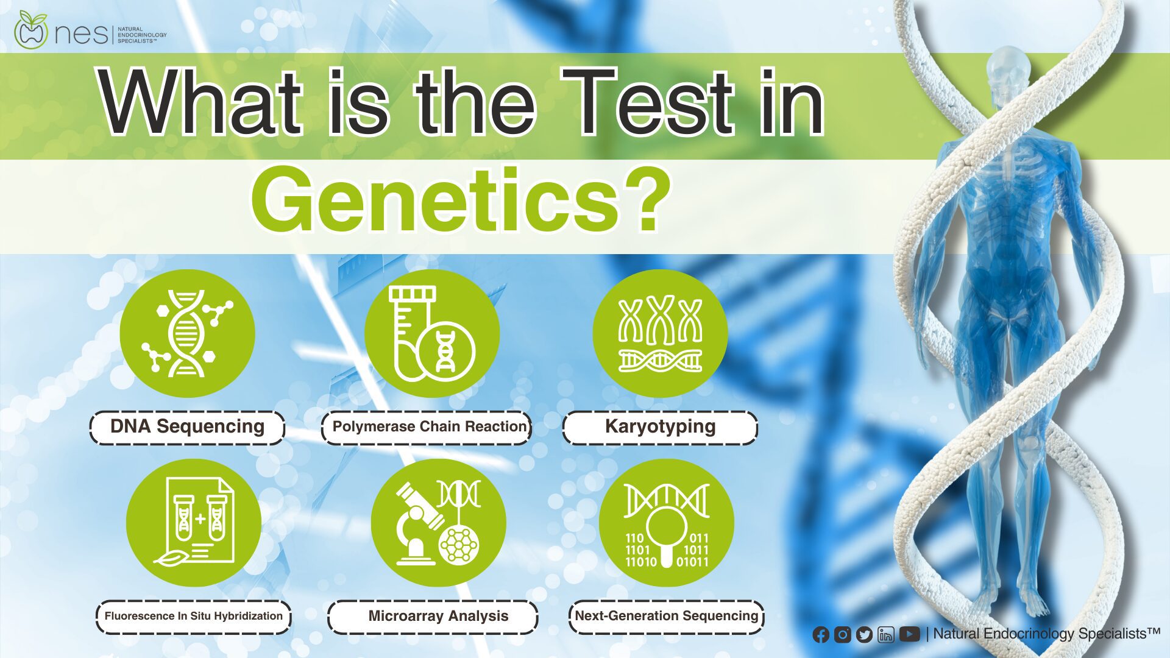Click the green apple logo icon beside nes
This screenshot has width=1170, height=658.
30,30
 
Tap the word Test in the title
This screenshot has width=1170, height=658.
648,101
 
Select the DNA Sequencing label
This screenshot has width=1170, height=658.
187,427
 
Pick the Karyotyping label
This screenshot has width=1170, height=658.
660,427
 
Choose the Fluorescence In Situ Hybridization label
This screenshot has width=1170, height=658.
193,617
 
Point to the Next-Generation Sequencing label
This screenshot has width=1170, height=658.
666,617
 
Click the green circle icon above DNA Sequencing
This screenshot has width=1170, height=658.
187,333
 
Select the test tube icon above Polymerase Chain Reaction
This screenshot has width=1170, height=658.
432,333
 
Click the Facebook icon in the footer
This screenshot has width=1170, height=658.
821,635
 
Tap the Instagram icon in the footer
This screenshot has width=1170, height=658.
842,635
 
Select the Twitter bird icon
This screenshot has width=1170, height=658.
864,635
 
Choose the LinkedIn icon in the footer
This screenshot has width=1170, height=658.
886,635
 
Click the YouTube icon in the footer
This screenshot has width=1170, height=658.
909,634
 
